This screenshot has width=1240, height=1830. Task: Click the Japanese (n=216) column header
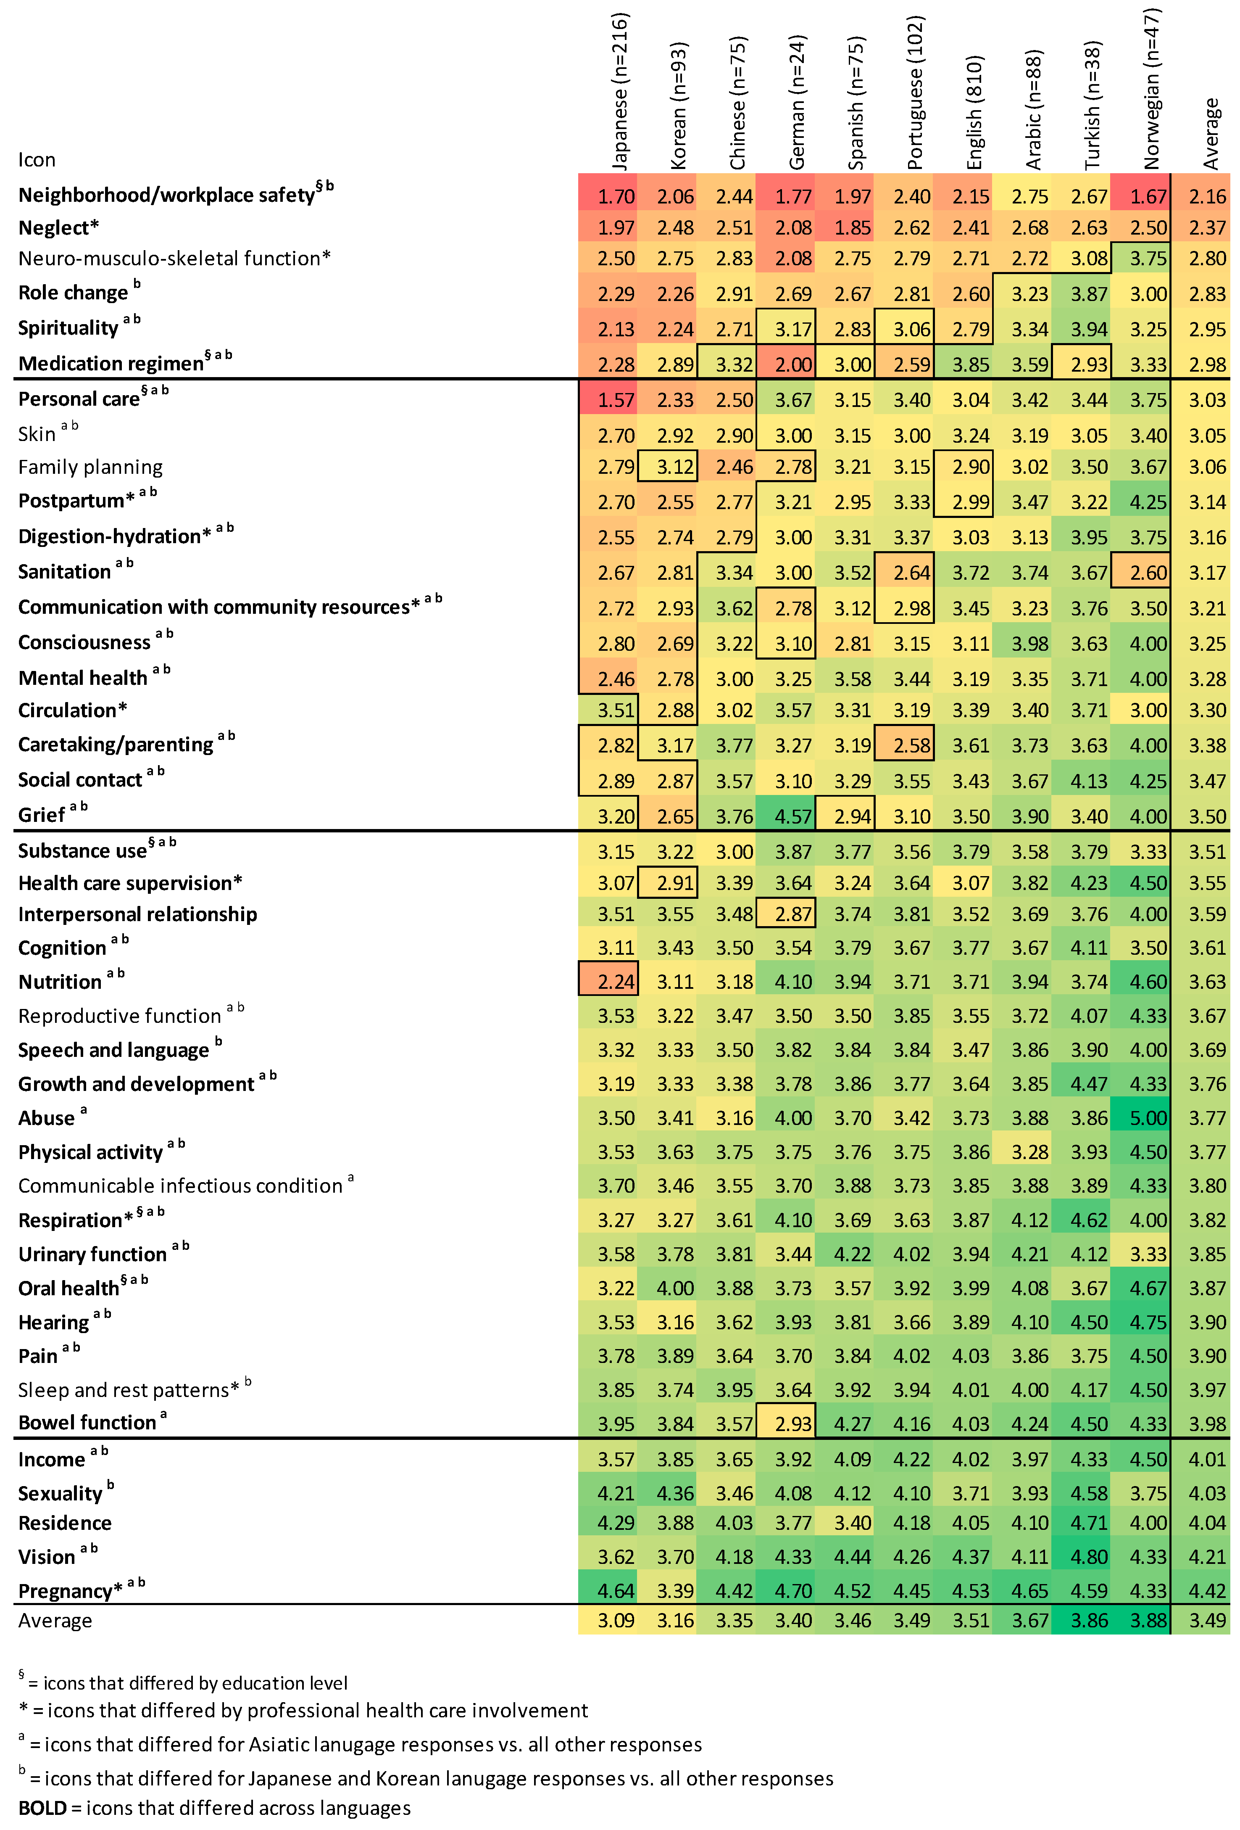620,90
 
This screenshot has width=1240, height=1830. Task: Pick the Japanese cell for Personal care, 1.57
616,400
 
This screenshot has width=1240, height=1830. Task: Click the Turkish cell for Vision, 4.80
1089,1557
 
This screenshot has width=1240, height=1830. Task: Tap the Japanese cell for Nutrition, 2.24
616,982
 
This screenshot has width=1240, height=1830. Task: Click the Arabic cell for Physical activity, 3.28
1030,1152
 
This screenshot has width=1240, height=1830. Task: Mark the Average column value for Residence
1207,1523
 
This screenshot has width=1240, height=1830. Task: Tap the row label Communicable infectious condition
180,1186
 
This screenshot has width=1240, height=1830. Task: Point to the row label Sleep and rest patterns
128,1390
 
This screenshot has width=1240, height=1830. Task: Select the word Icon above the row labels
37,160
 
